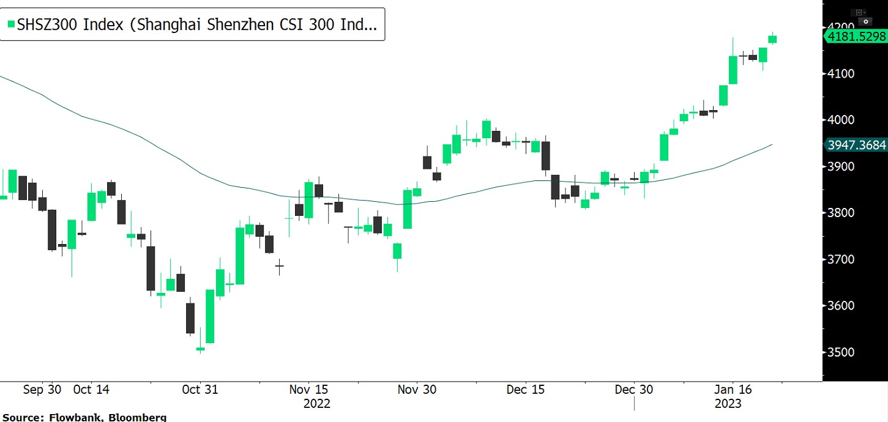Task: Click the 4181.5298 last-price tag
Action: tap(856, 37)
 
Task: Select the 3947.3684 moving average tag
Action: tap(856, 145)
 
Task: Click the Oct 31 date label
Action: tap(200, 390)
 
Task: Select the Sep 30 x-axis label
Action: tap(42, 390)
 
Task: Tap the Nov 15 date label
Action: tap(309, 390)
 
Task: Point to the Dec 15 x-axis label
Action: tap(524, 390)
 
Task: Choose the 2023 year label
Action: tap(728, 404)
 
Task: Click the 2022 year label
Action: tap(316, 404)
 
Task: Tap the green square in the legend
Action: tap(10, 24)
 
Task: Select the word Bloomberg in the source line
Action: tap(135, 417)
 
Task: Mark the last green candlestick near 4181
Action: tap(773, 39)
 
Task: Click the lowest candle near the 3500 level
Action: tap(200, 349)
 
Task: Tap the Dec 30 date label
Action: tap(634, 390)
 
